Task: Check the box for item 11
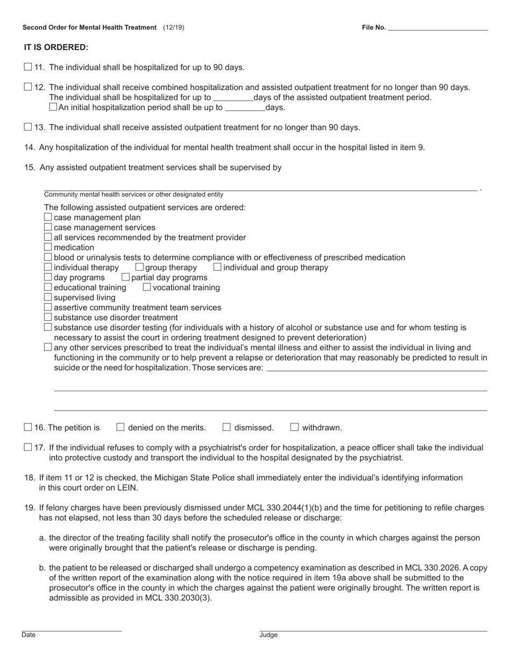28,67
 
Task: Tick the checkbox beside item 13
28,127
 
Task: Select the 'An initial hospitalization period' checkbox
53,107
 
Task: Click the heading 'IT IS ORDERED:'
56,47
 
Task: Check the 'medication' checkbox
48,247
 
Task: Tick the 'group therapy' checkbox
139,267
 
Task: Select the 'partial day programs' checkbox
125,277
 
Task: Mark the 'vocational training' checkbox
147,287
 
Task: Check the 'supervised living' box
48,297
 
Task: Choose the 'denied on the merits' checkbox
120,427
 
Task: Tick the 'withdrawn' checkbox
294,427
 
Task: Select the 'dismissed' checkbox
226,427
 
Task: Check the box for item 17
28,447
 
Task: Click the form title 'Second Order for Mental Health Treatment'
89,27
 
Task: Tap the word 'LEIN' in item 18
128,488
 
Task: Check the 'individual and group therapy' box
217,267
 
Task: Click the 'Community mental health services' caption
133,195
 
